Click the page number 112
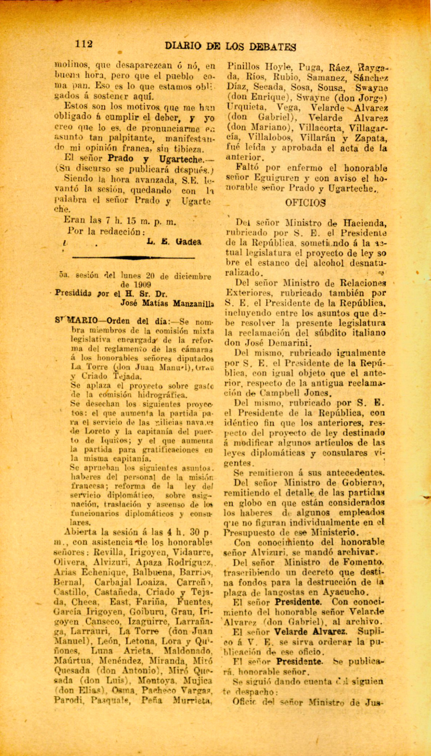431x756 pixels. (84, 44)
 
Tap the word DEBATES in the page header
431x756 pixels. (272, 47)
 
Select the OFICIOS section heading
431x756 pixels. (305, 203)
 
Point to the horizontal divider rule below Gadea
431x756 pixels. (133, 257)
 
